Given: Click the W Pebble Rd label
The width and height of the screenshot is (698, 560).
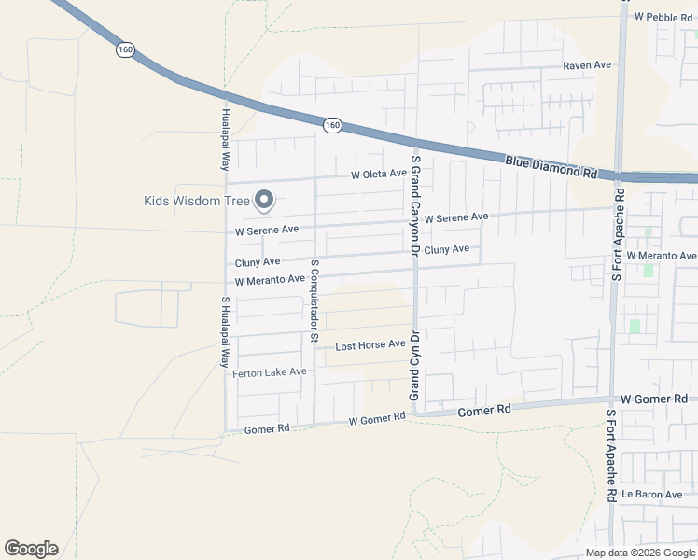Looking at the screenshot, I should pyautogui.click(x=664, y=17).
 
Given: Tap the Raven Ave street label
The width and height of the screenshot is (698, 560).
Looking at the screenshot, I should pyautogui.click(x=586, y=65).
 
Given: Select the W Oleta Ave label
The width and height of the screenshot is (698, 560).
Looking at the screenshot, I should pyautogui.click(x=378, y=175).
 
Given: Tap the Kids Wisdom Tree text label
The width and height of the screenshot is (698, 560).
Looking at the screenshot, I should pyautogui.click(x=197, y=201).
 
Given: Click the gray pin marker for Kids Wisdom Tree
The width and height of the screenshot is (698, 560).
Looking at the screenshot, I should pyautogui.click(x=264, y=200).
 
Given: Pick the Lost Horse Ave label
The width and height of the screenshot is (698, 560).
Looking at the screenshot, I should pyautogui.click(x=370, y=345).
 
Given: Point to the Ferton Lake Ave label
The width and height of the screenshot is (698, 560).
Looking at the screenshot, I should pyautogui.click(x=270, y=372).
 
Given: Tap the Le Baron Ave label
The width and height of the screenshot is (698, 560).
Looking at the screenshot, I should pyautogui.click(x=653, y=494).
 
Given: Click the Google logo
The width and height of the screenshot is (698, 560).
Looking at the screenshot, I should pyautogui.click(x=31, y=549).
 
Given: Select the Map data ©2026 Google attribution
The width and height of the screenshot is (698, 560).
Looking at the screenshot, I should pyautogui.click(x=640, y=553).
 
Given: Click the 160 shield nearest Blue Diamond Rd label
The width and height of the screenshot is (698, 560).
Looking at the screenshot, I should pyautogui.click(x=332, y=124).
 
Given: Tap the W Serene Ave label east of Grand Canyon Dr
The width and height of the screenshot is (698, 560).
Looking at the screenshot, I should pyautogui.click(x=455, y=217).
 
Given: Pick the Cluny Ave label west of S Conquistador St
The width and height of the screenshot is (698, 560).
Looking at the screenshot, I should pyautogui.click(x=258, y=263).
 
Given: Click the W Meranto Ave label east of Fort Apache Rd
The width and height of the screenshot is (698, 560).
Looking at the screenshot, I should pyautogui.click(x=661, y=256).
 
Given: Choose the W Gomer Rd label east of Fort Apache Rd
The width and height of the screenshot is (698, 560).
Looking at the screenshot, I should pyautogui.click(x=653, y=399).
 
